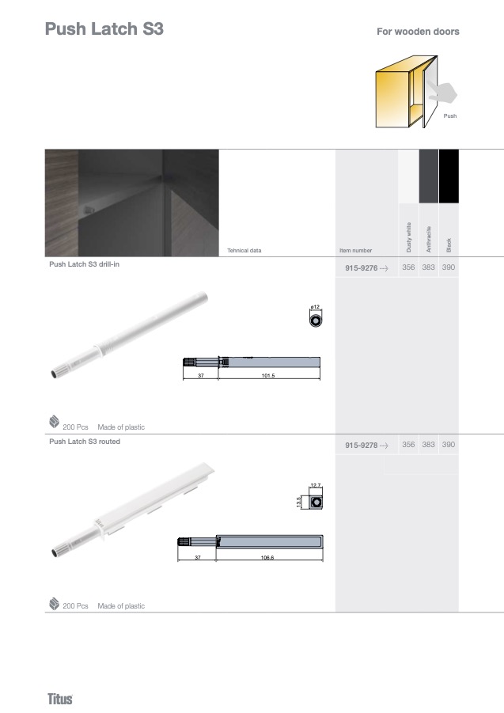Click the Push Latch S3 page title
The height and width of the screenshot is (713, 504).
[104, 28]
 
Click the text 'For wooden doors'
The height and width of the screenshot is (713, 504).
[418, 32]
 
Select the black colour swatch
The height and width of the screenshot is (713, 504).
[449, 176]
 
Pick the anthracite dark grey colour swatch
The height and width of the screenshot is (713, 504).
[429, 176]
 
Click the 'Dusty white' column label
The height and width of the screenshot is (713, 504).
[408, 237]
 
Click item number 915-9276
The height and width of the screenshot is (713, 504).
[362, 267]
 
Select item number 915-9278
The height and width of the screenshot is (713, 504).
[362, 446]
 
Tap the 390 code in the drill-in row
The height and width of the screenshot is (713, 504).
[449, 267]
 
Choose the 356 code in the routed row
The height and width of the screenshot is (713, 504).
[408, 445]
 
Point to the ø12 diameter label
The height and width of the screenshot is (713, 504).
[315, 307]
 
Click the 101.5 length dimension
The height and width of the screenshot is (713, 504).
[268, 376]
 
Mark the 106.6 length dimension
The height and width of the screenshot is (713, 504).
[267, 557]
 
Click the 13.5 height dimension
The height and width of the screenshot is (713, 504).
[298, 503]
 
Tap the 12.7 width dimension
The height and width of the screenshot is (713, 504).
[316, 486]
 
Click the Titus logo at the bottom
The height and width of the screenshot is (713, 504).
[60, 699]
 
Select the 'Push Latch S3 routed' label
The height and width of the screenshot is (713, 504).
[85, 442]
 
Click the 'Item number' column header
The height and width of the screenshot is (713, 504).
[355, 251]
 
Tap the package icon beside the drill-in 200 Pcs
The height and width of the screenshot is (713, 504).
[54, 422]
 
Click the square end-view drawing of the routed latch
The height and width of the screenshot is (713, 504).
[316, 503]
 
